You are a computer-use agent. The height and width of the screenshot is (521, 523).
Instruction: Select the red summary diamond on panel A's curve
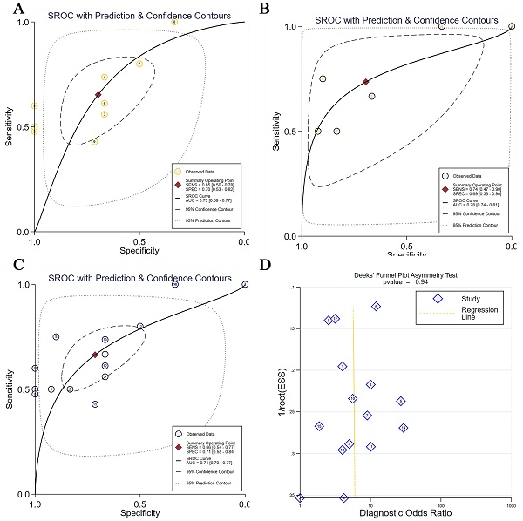98,94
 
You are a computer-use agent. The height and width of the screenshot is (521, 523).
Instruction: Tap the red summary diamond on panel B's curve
366,82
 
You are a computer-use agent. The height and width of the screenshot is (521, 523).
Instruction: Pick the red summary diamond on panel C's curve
95,355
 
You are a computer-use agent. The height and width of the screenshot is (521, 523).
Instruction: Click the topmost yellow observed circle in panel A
174,22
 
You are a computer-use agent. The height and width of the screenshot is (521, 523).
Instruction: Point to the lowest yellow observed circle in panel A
94,142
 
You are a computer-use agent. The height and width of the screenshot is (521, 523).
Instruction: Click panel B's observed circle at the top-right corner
512,26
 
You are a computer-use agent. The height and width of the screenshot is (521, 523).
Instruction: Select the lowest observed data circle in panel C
95,404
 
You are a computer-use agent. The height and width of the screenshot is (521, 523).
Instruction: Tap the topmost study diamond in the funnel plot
376,307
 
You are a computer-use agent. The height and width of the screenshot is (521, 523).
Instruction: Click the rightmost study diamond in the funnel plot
404,428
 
